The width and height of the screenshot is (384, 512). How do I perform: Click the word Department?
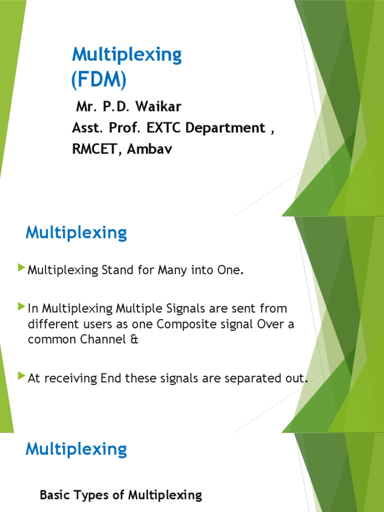224,128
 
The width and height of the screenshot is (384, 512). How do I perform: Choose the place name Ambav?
149,149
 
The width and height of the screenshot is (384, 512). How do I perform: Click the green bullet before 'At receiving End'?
20,376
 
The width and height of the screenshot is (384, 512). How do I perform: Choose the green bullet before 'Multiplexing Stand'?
20,269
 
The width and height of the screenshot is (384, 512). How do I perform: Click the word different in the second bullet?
51,324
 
